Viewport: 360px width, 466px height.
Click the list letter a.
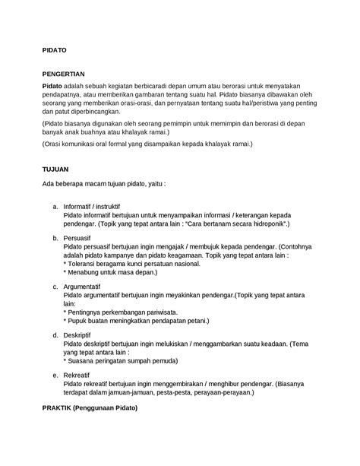[x=54, y=207]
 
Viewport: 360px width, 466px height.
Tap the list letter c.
[x=54, y=287]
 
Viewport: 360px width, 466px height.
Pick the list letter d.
[x=54, y=334]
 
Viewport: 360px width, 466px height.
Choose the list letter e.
[x=54, y=375]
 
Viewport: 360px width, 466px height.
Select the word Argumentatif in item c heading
[x=87, y=287]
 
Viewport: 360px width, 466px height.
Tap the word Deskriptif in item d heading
[x=81, y=334]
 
